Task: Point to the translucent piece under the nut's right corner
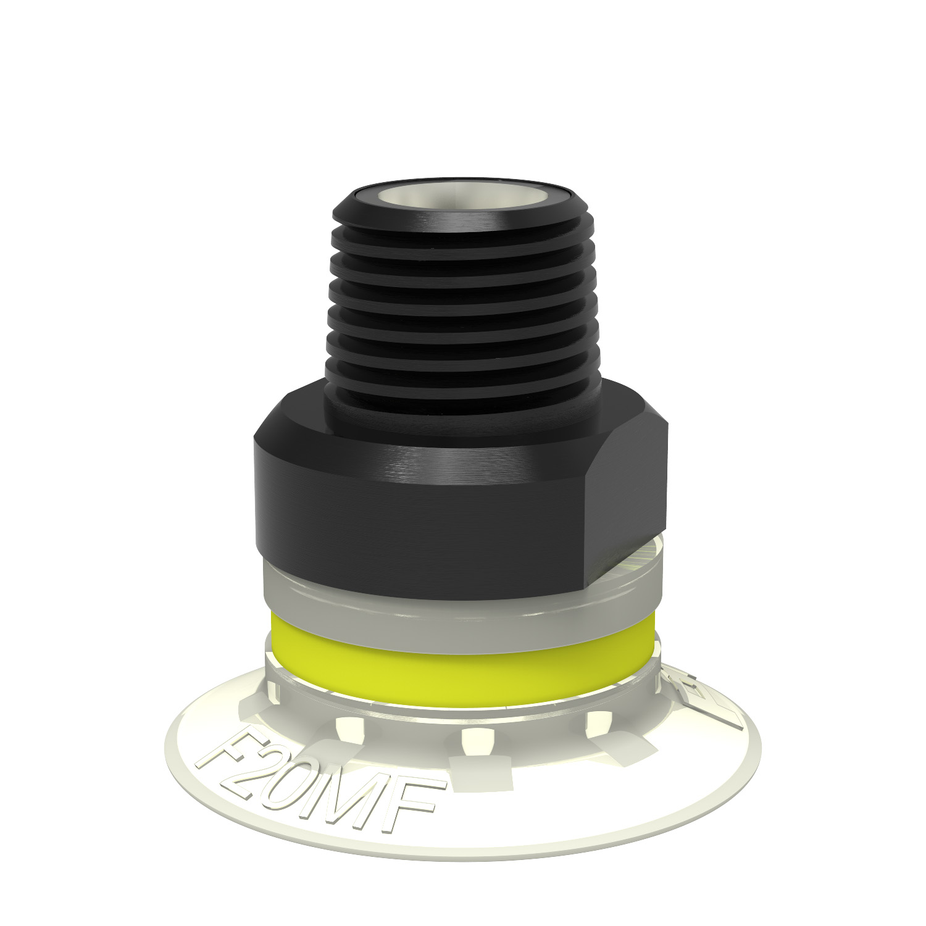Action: click(x=648, y=556)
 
